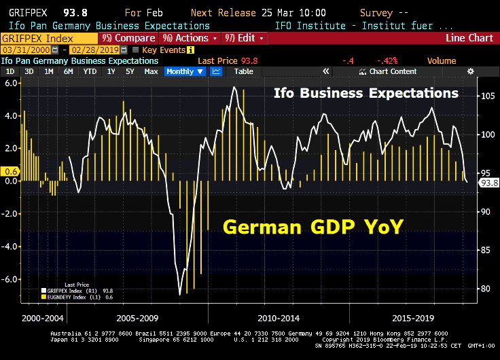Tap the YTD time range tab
[x=90, y=71]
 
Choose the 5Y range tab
[x=130, y=71]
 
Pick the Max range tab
[x=151, y=71]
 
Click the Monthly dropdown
[x=185, y=71]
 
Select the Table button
[x=243, y=71]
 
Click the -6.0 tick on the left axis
[x=12, y=279]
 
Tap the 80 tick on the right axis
[x=487, y=289]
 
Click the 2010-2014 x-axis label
[x=280, y=317]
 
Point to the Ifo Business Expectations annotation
[x=365, y=92]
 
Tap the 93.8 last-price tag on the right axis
[x=489, y=183]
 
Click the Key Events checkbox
[x=136, y=50]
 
